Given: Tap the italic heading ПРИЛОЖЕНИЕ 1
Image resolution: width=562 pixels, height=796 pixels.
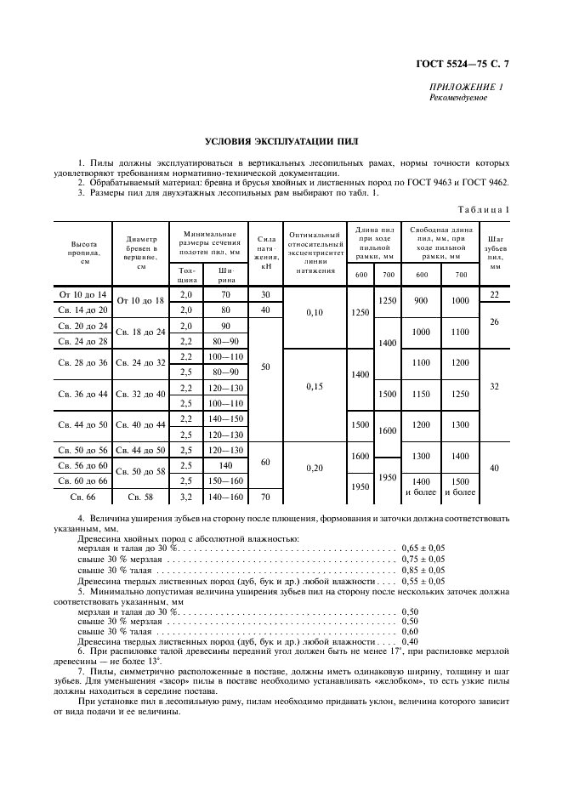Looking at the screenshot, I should tap(466, 88).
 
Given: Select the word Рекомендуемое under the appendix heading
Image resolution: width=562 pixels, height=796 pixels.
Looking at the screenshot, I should tap(459, 98).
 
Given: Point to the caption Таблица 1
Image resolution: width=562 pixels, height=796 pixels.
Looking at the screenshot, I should tap(483, 208).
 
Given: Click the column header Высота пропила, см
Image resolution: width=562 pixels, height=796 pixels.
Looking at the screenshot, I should tap(84, 252).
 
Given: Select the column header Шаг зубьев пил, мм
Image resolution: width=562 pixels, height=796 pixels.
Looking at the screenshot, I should tap(496, 252).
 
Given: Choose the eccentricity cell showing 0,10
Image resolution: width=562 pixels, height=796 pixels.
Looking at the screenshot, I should tap(314, 312).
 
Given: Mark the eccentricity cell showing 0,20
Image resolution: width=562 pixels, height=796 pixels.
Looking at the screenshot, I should tap(314, 468).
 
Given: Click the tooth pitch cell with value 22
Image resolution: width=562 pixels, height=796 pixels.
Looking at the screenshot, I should tap(496, 294).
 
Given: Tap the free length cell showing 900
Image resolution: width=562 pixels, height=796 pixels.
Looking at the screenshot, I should tap(422, 301).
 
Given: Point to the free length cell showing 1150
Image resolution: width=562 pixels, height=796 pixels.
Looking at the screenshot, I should tap(422, 394).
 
